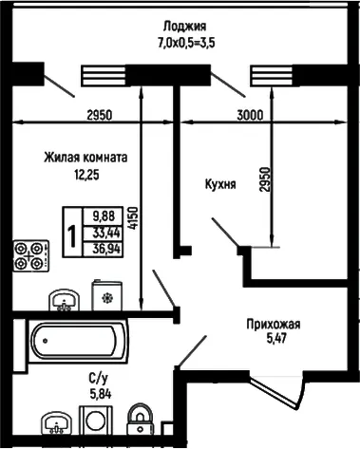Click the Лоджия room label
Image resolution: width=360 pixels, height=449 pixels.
coord(184,27)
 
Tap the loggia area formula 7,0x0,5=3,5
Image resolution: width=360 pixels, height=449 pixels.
coord(186,43)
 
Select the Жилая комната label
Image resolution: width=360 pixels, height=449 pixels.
coord(85,158)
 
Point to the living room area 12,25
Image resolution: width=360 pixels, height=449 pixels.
coord(86,175)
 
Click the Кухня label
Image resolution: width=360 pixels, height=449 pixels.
coord(220,184)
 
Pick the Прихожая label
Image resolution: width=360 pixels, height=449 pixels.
coord(274,325)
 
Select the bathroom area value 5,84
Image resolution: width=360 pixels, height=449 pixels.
coord(101,394)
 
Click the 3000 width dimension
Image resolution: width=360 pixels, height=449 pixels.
coord(250,115)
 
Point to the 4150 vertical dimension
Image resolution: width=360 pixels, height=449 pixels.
coord(134,218)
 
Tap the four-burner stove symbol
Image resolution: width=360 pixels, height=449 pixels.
coord(31,255)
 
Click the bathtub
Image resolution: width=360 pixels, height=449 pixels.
coord(78,342)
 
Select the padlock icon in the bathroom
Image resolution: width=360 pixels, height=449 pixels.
coord(140,420)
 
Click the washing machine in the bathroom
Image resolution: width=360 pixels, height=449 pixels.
coord(96,421)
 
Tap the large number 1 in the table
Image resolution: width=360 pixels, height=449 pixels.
coord(72,237)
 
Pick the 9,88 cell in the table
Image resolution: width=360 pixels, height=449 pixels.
coord(103,216)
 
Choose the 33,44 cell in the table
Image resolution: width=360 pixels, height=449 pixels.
coord(103,234)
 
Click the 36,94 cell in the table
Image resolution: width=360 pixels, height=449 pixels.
coord(103,250)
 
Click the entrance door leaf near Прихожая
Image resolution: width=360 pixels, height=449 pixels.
coord(275,391)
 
